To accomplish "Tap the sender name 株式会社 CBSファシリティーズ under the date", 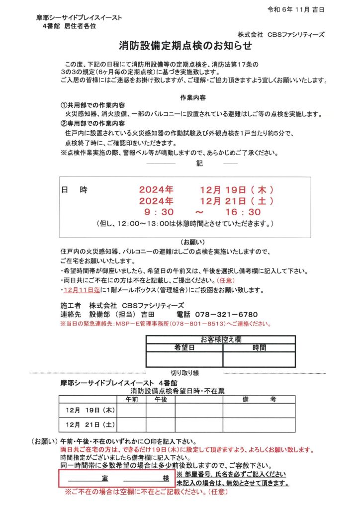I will click(x=280, y=35).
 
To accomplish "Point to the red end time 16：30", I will click(x=243, y=212).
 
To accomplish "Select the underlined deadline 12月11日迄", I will click(x=78, y=290).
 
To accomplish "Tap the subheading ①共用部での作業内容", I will click(x=92, y=106).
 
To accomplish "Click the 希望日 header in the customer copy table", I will click(x=184, y=348).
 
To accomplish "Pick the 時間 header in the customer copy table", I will click(x=259, y=348).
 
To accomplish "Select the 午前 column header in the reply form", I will click(x=132, y=399).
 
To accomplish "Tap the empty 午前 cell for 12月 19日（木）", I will click(x=132, y=411).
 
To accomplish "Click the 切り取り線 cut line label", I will click(x=184, y=373).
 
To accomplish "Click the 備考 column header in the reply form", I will click(x=259, y=399).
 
